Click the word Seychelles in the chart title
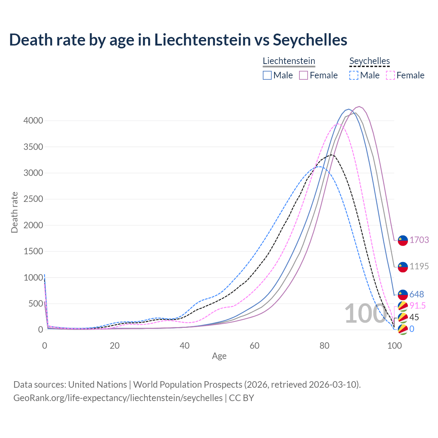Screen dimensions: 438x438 tap(310, 40)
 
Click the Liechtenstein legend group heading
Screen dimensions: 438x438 tap(289, 61)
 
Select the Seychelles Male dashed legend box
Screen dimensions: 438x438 tap(354, 75)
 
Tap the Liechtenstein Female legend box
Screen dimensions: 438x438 tap(304, 75)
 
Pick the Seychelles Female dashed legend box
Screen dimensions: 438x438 tap(390, 75)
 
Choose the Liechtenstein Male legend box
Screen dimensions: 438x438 tap(267, 75)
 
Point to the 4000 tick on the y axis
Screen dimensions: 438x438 tap(33, 120)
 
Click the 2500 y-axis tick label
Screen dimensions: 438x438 tap(33, 199)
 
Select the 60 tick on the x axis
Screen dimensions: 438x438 tap(255, 346)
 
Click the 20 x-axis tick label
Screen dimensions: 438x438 tap(115, 346)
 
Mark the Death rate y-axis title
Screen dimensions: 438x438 tap(14, 212)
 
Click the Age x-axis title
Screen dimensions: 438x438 tap(219, 356)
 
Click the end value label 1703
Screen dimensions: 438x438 tap(419, 240)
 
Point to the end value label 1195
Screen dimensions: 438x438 tap(419, 266)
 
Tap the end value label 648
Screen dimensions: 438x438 tap(417, 294)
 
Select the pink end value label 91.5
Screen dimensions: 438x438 tap(418, 306)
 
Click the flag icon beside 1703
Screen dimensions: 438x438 tap(403, 241)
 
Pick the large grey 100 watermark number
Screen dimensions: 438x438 tap(365, 313)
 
